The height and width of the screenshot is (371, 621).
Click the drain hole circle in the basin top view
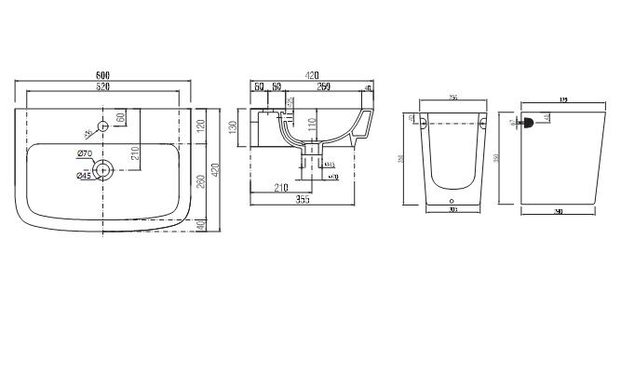(x=103, y=169)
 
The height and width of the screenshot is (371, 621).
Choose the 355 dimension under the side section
(x=303, y=199)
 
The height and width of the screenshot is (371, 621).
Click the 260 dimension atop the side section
(x=324, y=86)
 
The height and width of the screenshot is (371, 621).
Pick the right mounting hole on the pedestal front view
(x=482, y=122)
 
